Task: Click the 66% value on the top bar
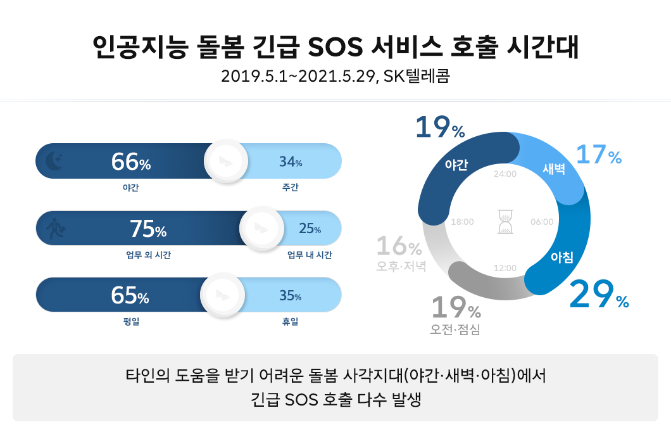(131, 163)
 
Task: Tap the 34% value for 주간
(291, 163)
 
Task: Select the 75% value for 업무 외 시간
(147, 229)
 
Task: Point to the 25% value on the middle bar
(310, 229)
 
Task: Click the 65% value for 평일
(130, 296)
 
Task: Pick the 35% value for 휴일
(290, 296)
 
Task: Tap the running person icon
(56, 229)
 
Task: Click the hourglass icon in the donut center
(505, 221)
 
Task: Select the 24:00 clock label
(505, 174)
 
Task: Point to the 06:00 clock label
(542, 222)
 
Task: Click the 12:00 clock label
(505, 268)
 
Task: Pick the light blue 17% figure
(598, 156)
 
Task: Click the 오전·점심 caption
(455, 329)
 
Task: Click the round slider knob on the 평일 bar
(222, 295)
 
